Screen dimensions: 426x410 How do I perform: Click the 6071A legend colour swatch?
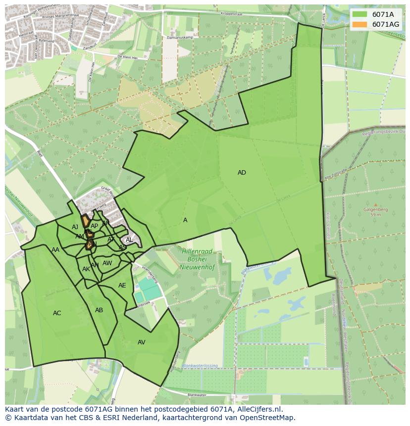(360, 14)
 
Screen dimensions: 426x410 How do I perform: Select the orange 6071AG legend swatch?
(360, 24)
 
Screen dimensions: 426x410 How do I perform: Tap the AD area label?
(242, 173)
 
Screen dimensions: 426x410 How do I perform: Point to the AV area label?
(142, 342)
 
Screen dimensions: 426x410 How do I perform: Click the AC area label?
(57, 313)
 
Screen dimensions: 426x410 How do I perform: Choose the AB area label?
(99, 310)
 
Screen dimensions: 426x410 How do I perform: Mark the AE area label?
(122, 285)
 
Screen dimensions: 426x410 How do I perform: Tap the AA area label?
(55, 250)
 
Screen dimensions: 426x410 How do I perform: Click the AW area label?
(107, 263)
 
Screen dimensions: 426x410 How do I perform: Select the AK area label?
(86, 269)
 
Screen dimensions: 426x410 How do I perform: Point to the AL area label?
(129, 240)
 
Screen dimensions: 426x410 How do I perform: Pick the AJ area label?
(75, 227)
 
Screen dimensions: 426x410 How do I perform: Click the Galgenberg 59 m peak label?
(375, 212)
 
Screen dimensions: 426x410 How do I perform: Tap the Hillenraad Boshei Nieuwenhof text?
(197, 259)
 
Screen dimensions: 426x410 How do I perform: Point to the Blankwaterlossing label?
(199, 366)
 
